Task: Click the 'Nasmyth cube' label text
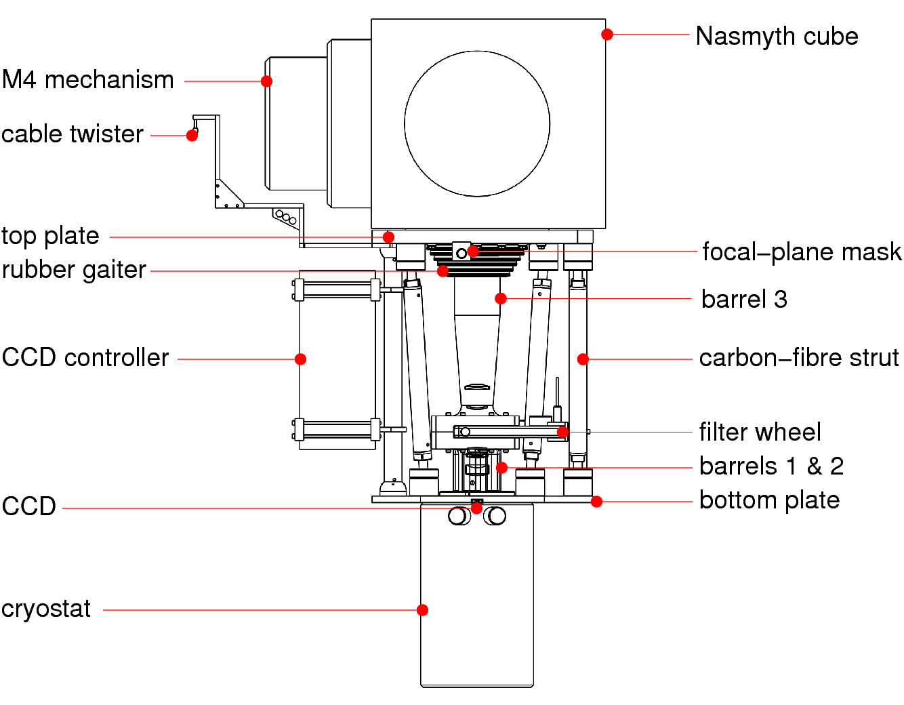click(x=777, y=36)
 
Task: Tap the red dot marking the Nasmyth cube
click(x=607, y=35)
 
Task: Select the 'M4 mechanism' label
click(x=88, y=79)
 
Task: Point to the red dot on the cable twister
click(x=192, y=136)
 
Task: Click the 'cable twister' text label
click(x=73, y=134)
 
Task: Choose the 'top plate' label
click(x=50, y=236)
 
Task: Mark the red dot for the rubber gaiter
click(x=443, y=271)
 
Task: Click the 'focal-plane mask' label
click(x=802, y=251)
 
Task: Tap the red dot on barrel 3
click(x=501, y=298)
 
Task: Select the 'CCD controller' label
click(x=85, y=357)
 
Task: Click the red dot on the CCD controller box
click(x=300, y=359)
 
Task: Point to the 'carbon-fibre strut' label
click(x=799, y=357)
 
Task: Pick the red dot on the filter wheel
click(x=562, y=432)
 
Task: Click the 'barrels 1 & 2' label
click(x=771, y=466)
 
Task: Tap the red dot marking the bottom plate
click(x=596, y=502)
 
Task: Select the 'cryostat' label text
click(x=46, y=609)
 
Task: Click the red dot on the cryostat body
click(x=422, y=610)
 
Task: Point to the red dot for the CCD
click(x=477, y=508)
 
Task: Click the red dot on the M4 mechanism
click(x=267, y=81)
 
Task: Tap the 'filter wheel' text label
click(x=760, y=432)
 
